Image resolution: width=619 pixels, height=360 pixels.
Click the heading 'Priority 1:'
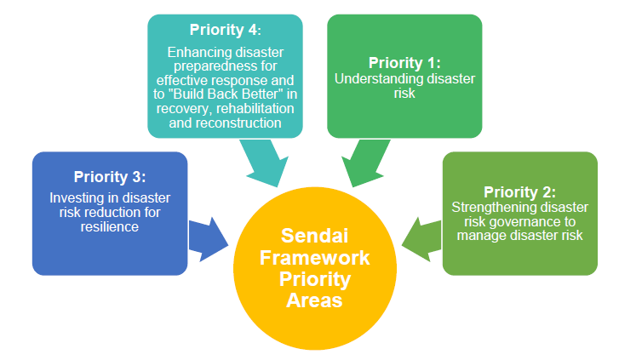[404, 63]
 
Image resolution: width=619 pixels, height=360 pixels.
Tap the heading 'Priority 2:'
[519, 191]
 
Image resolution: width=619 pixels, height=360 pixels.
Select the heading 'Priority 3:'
[110, 177]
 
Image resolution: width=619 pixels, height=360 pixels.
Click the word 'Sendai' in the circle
[313, 237]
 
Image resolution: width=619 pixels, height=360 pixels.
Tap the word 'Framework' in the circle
[314, 258]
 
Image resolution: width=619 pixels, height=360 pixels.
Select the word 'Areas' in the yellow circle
[314, 300]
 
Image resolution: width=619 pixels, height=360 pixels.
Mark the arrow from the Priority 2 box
[421, 237]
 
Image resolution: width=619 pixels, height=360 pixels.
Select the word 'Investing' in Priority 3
[75, 198]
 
